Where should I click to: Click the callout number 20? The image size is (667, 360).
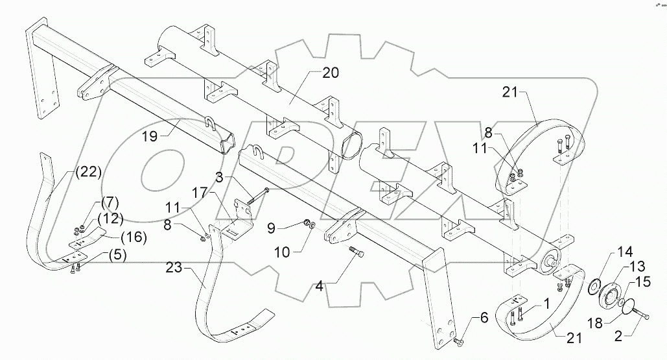tap(331, 73)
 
